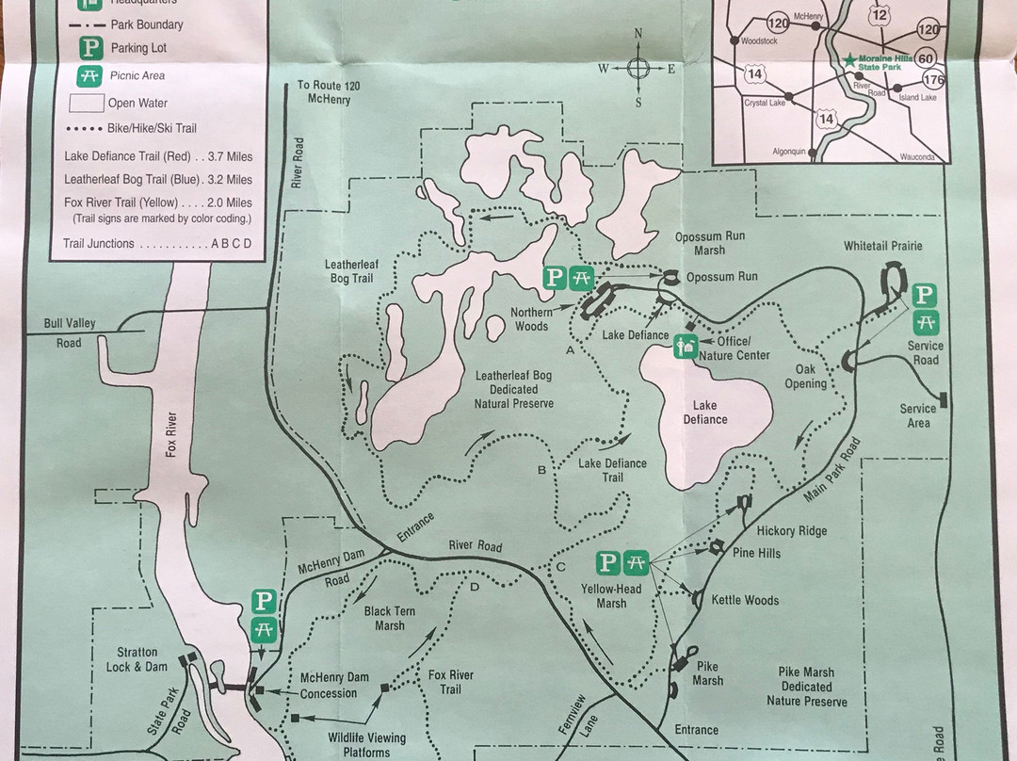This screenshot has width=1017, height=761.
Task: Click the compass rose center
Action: click(x=638, y=68)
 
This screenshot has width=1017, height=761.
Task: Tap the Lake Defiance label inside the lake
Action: click(x=705, y=413)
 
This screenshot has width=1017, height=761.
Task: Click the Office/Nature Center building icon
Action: click(x=685, y=348)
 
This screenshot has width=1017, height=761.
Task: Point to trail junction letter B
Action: click(x=541, y=470)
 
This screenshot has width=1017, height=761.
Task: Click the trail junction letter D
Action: click(x=474, y=589)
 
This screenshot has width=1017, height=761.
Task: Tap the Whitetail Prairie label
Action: click(x=882, y=246)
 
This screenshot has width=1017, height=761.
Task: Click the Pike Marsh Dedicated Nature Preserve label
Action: click(x=806, y=687)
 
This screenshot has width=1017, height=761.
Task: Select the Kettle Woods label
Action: click(x=745, y=600)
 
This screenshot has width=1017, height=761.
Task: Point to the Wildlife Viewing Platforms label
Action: click(x=367, y=745)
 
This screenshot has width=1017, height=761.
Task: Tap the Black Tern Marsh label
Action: click(x=389, y=618)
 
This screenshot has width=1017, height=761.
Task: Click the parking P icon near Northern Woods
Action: click(x=555, y=277)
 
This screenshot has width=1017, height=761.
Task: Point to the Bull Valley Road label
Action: click(x=70, y=332)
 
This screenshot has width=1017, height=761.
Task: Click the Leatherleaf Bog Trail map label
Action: click(x=351, y=271)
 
